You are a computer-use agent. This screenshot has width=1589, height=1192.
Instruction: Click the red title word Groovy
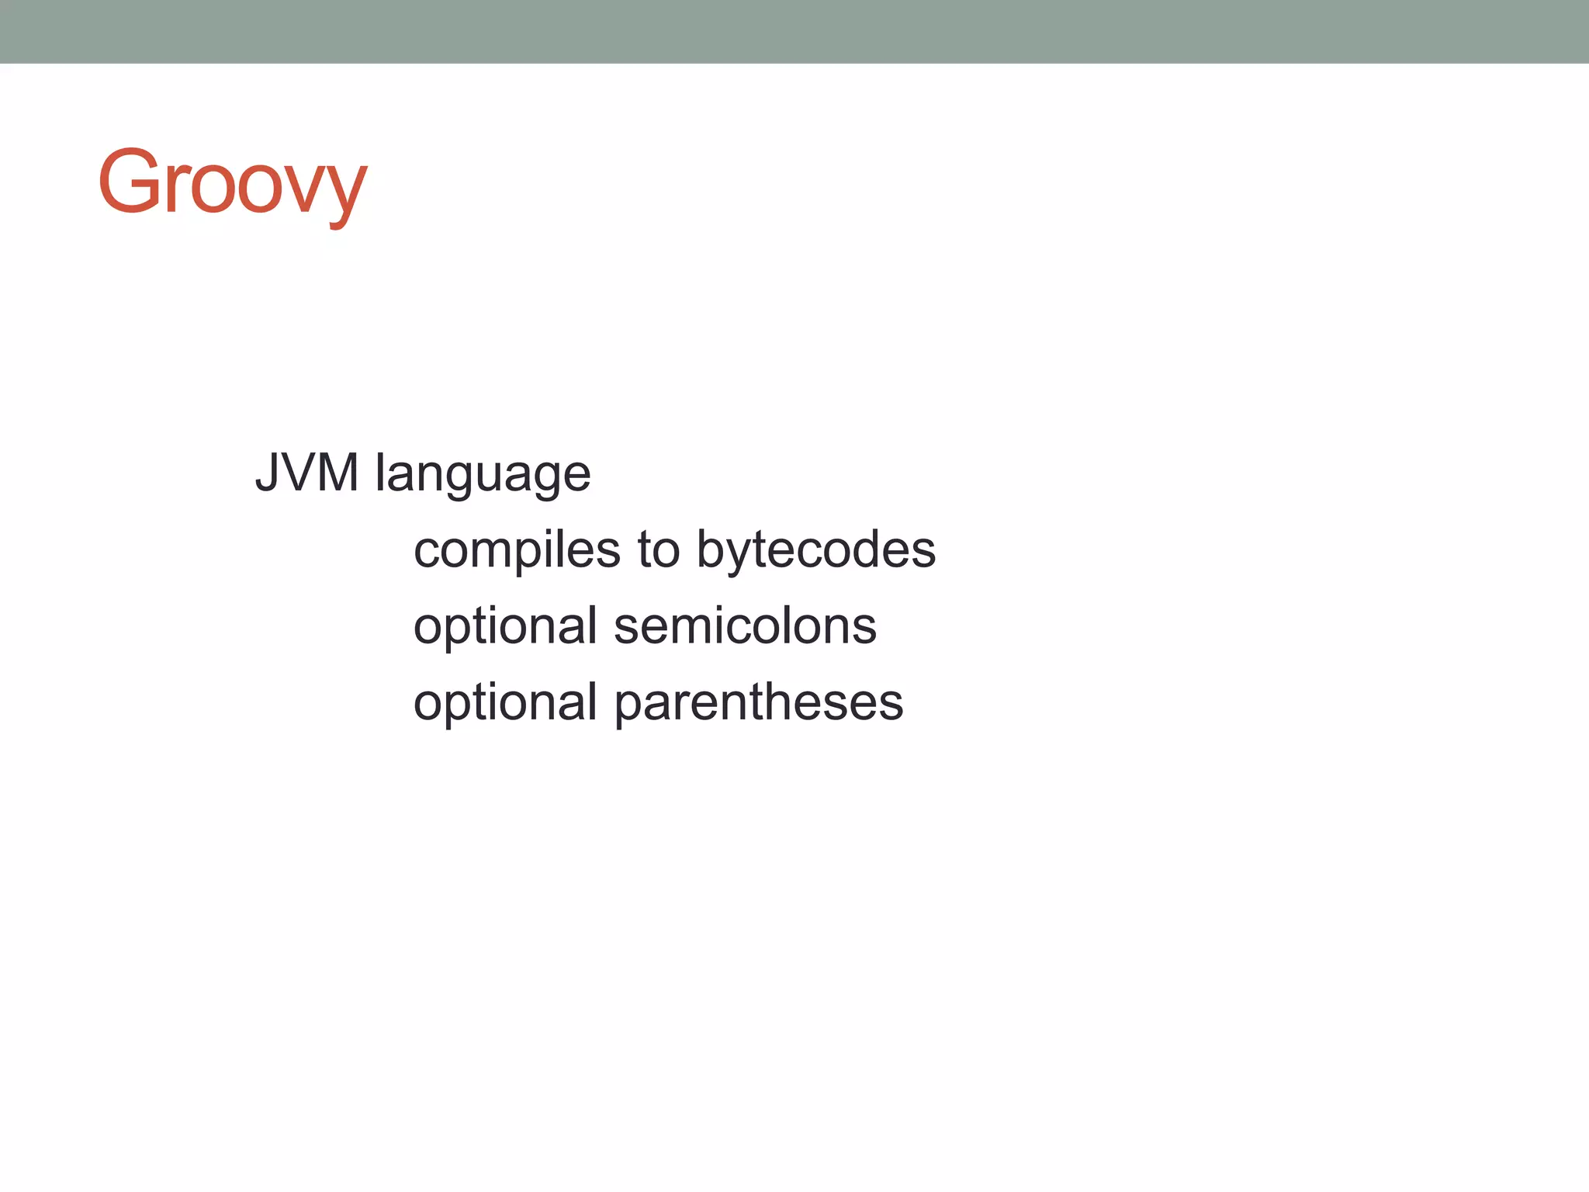coord(232,183)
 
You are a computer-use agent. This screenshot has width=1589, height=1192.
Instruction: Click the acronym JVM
coord(307,473)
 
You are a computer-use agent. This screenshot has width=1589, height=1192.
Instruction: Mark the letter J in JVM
coord(268,473)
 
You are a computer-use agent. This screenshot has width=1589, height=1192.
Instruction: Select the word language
coord(483,475)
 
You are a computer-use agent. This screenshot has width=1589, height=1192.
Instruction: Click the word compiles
coord(517,551)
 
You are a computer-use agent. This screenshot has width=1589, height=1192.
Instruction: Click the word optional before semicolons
coord(505,627)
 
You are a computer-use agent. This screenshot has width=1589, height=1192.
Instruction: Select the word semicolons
coord(745,625)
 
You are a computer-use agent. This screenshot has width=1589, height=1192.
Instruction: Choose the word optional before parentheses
coord(505,703)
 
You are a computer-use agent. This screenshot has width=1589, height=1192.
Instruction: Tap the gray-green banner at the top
coord(794,31)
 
